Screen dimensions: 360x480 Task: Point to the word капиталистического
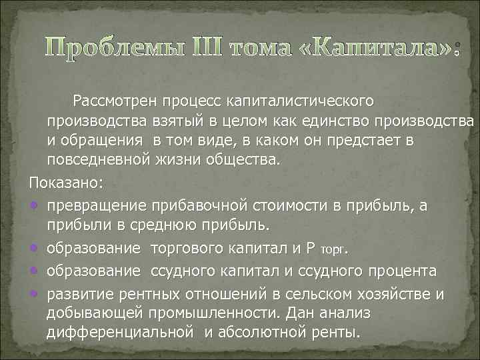click(300, 101)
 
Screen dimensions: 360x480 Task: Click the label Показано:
click(62, 182)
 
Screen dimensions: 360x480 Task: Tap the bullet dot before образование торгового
click(34, 248)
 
